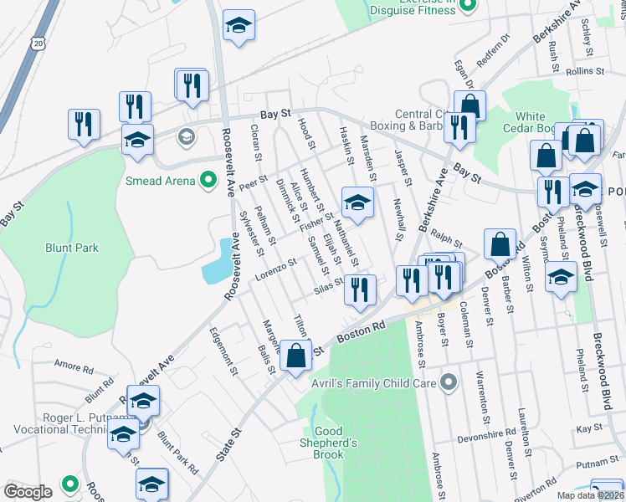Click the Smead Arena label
(158, 181)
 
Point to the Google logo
(28, 491)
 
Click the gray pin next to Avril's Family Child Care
(449, 383)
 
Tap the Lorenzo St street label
(277, 269)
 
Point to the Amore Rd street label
(73, 366)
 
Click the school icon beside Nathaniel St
(357, 203)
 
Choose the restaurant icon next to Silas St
(360, 290)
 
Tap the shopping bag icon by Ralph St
(500, 244)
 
